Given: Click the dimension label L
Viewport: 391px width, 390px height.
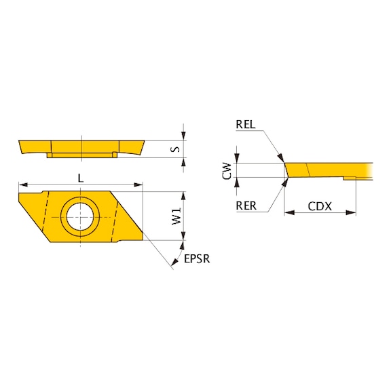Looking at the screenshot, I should click(81, 177).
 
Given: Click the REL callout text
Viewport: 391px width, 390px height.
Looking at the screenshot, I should click(246, 125).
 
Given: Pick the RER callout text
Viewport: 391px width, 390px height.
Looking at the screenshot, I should click(246, 206).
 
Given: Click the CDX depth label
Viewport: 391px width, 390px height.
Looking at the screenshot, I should click(320, 206).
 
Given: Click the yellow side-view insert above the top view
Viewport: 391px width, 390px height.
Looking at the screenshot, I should click(81, 147).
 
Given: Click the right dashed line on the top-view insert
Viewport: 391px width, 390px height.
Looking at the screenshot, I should click(117, 216).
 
